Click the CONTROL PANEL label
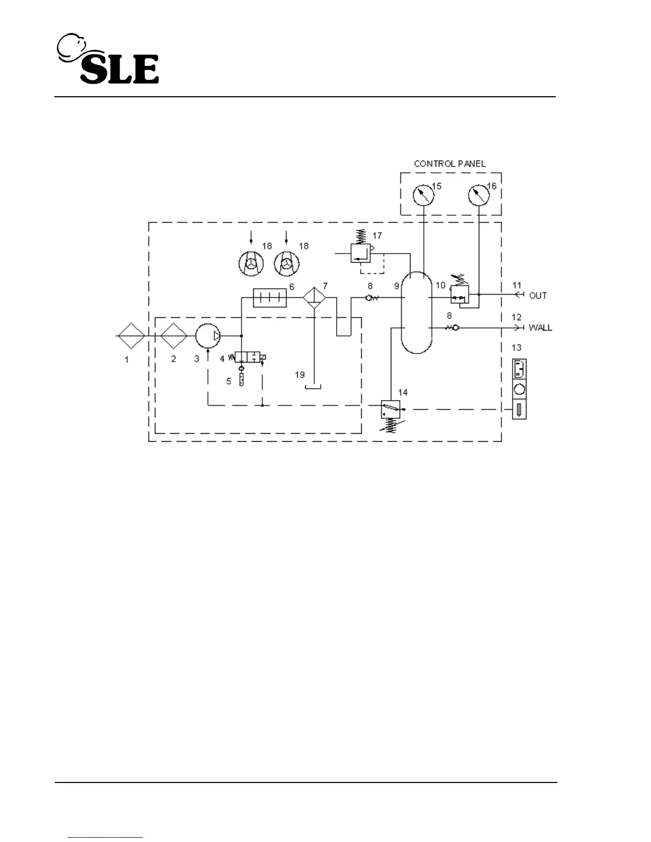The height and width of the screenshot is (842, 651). pyautogui.click(x=450, y=164)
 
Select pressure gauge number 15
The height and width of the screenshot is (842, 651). pyautogui.click(x=423, y=195)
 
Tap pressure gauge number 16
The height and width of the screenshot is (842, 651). pyautogui.click(x=479, y=195)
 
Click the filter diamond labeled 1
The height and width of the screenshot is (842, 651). pyautogui.click(x=130, y=336)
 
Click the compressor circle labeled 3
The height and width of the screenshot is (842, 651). pyautogui.click(x=208, y=336)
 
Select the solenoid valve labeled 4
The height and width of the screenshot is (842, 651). pyautogui.click(x=251, y=358)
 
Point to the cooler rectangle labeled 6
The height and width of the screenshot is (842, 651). pyautogui.click(x=270, y=298)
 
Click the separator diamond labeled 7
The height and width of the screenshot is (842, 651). pyautogui.click(x=315, y=298)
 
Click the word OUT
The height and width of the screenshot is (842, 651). pyautogui.click(x=538, y=296)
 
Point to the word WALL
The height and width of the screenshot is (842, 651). pyautogui.click(x=540, y=327)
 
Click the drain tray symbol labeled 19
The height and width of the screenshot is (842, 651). pyautogui.click(x=313, y=387)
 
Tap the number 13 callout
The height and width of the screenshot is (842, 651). pyautogui.click(x=516, y=348)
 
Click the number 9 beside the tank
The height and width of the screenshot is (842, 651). pyautogui.click(x=396, y=286)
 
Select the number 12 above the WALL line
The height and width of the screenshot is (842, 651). pyautogui.click(x=516, y=317)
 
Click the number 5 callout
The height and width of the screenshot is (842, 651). pyautogui.click(x=229, y=381)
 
